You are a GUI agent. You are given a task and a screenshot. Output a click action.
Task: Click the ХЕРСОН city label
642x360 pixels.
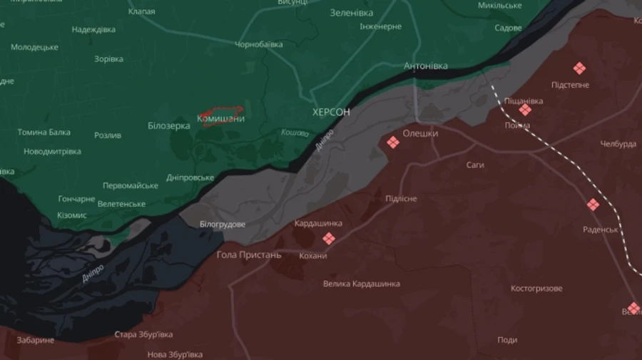click(x=331, y=113)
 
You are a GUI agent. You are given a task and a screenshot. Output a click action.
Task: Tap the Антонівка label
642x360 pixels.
click(x=426, y=66)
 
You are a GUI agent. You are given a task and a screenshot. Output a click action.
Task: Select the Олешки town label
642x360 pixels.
click(x=420, y=133)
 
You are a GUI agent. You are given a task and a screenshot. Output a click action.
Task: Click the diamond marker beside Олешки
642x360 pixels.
click(x=392, y=143)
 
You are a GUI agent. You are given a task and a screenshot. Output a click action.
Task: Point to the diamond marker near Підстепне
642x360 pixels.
click(x=579, y=68)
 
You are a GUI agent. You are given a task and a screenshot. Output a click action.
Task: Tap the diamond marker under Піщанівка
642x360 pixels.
click(x=525, y=110)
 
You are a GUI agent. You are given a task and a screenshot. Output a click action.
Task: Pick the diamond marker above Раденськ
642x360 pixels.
click(x=593, y=205)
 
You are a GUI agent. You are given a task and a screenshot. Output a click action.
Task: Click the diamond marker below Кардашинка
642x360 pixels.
click(x=328, y=239)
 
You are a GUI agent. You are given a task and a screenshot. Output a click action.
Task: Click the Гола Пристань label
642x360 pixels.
click(x=249, y=254)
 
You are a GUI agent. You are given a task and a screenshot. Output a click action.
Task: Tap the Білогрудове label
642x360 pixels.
click(x=223, y=225)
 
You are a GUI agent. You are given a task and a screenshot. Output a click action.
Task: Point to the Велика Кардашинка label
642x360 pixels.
click(x=361, y=284)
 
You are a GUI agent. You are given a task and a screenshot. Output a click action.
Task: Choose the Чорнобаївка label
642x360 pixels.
click(x=259, y=44)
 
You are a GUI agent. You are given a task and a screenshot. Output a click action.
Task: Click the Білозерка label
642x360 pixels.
click(x=169, y=125)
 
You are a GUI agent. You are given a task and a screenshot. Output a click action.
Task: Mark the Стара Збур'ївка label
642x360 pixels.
click(x=143, y=334)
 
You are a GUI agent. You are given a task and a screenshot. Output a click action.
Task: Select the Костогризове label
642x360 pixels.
click(x=536, y=289)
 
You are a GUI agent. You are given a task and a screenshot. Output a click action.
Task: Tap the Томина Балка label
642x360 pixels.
click(x=44, y=132)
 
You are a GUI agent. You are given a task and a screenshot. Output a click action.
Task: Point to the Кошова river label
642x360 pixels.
click(x=295, y=133)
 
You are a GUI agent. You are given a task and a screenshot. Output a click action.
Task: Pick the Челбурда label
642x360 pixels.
click(x=618, y=144)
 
